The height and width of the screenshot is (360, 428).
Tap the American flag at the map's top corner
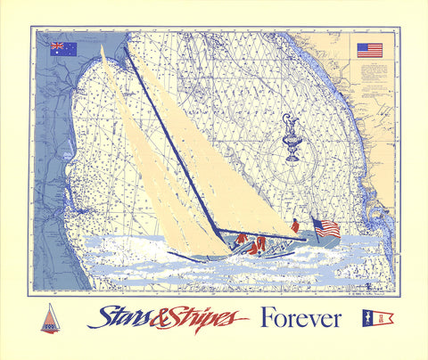tap(369, 50)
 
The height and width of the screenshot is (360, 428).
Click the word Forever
tap(300, 318)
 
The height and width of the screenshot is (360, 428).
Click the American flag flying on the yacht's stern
tap(327, 228)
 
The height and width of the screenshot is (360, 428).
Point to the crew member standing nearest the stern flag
tap(295, 227)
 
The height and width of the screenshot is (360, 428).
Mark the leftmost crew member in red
tap(241, 240)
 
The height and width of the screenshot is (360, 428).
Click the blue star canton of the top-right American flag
tap(362, 47)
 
